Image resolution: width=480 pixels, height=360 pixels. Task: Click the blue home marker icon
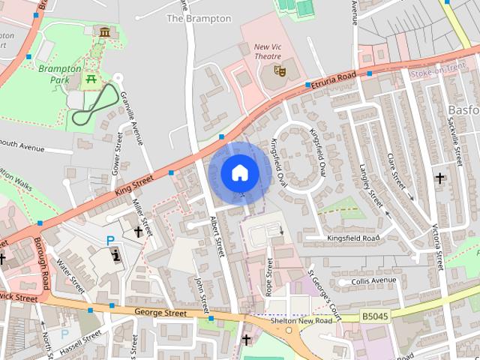pyautogui.click(x=238, y=172)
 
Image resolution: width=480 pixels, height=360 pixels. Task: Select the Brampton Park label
pyautogui.click(x=60, y=73)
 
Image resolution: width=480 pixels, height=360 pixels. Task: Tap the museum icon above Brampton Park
pyautogui.click(x=103, y=32)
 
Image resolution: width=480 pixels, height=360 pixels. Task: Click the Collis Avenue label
pyautogui.click(x=367, y=280)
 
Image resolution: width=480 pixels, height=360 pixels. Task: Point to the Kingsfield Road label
pyautogui.click(x=353, y=238)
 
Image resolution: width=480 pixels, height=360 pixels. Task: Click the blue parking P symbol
pyautogui.click(x=110, y=241)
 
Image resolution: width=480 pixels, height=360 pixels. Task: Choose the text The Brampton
pyautogui.click(x=199, y=18)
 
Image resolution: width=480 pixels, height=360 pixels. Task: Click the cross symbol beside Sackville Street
pyautogui.click(x=439, y=178)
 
